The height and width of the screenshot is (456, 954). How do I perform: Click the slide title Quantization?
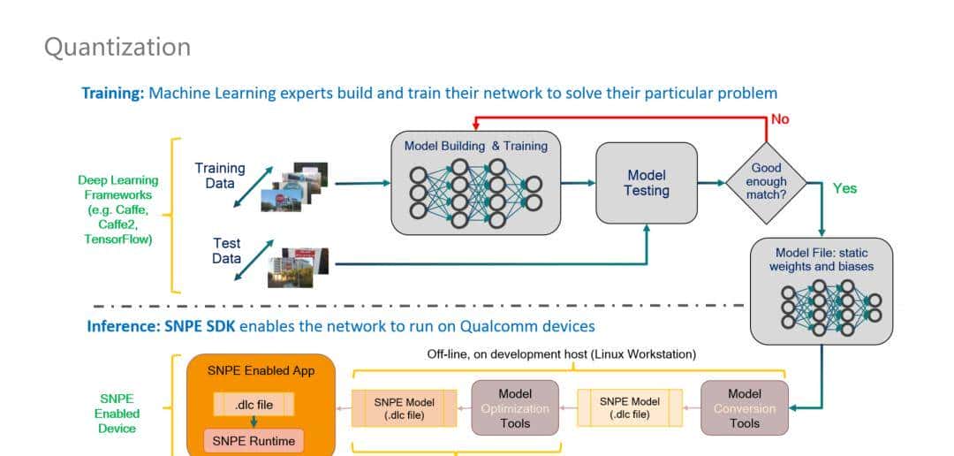(x=117, y=46)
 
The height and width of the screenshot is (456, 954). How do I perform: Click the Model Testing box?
(x=647, y=183)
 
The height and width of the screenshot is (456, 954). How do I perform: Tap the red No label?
(x=780, y=119)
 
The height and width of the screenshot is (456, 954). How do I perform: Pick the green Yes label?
(x=844, y=188)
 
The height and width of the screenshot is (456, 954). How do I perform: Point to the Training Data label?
(x=220, y=175)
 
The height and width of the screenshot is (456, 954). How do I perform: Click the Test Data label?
(x=226, y=251)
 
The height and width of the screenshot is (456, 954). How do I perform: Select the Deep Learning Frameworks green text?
(x=117, y=209)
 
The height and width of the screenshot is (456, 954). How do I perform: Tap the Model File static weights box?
(x=821, y=291)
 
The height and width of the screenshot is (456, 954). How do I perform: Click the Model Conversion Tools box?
(x=744, y=408)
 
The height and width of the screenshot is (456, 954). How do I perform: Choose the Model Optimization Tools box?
(x=515, y=408)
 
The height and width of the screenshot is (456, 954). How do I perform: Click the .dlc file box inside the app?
(x=253, y=406)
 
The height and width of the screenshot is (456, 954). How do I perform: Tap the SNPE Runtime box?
(x=253, y=439)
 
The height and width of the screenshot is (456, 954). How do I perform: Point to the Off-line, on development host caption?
(x=561, y=354)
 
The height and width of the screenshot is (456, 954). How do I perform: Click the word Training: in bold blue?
(x=113, y=93)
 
